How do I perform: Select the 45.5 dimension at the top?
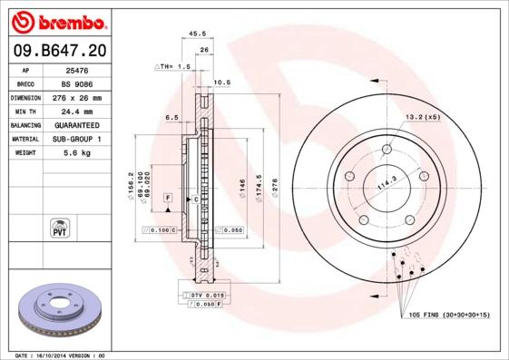pyautogui.click(x=196, y=34)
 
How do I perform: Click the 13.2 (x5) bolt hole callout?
pyautogui.click(x=422, y=117)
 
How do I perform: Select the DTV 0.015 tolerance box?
pyautogui.click(x=207, y=296)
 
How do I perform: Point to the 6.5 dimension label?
pyautogui.click(x=171, y=118)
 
